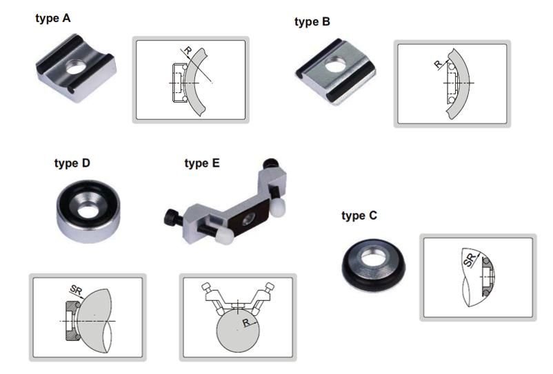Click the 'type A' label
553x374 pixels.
pos(53,18)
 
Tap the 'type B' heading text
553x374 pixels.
pos(312,22)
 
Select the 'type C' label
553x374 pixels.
pos(359,216)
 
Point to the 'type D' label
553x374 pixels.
pos(72,163)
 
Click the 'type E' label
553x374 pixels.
pos(202,163)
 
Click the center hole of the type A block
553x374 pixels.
pos(76,67)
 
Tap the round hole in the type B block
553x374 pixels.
pos(336,64)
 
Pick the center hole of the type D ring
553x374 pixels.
pos(88,211)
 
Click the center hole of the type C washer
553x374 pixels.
pos(374,259)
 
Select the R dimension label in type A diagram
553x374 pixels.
pos(188,50)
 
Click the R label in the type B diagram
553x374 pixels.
pos(438,64)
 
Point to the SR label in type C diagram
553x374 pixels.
pos(470,260)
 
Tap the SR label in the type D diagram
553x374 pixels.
pos(76,290)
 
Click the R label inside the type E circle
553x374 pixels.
pos(246,322)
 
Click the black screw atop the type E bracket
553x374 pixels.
pos(271,164)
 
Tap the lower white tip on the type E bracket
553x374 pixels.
pos(224,236)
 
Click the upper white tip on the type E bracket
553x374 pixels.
pos(278,207)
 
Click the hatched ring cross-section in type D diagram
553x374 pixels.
pos(73,321)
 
